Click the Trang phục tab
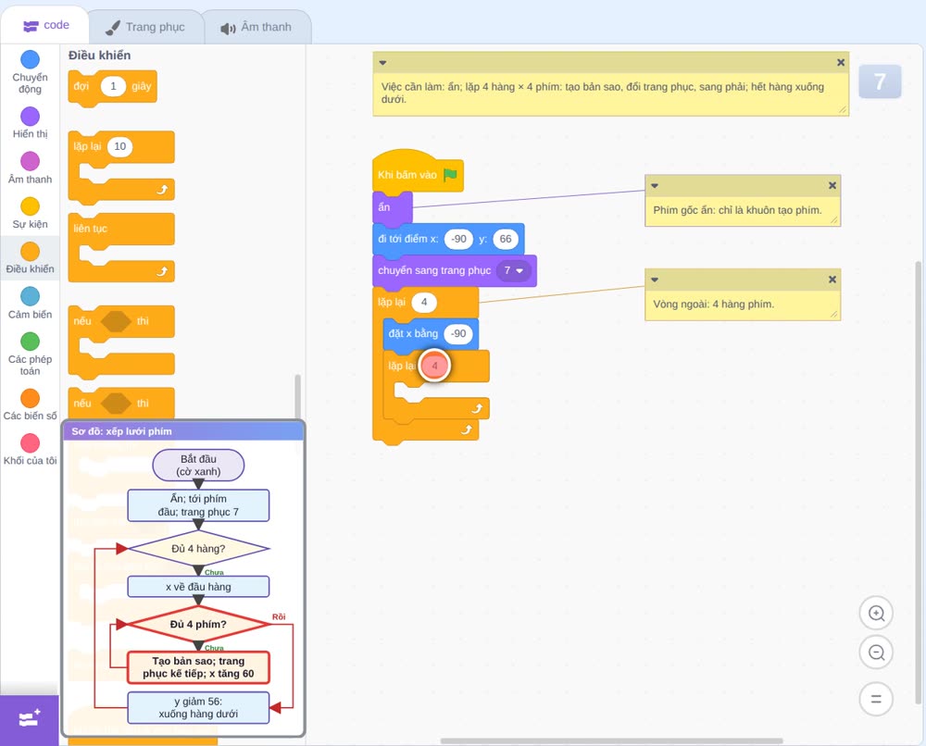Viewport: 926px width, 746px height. tap(146, 27)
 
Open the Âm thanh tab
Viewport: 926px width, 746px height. tap(257, 27)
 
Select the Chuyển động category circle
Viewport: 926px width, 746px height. tap(31, 59)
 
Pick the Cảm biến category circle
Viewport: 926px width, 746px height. tap(31, 296)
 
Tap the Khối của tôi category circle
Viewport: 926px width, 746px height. tap(31, 442)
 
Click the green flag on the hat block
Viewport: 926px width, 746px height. tap(450, 175)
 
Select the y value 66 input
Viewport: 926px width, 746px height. tap(506, 239)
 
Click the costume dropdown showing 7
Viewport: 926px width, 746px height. tap(513, 270)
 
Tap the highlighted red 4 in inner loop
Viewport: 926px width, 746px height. tap(434, 366)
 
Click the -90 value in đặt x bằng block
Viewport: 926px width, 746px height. tap(458, 333)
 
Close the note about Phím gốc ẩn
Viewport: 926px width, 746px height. tap(832, 185)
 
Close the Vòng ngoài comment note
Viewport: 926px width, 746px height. tap(832, 280)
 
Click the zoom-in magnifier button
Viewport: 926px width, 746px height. tap(876, 614)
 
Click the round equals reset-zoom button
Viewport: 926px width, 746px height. tap(876, 700)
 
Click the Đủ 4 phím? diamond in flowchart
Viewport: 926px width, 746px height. tap(198, 624)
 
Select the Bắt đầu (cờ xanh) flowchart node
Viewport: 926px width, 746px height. tap(198, 465)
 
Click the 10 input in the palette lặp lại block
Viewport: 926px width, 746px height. tap(119, 146)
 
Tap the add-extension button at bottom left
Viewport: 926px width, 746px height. tap(30, 718)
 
